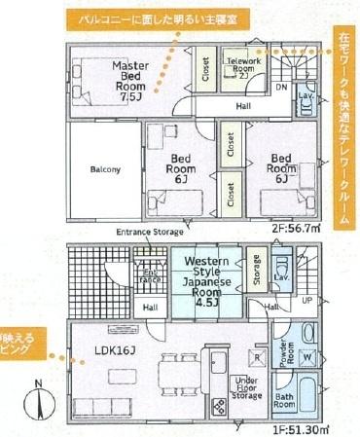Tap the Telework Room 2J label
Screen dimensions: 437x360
242,66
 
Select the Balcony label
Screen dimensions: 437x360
105,169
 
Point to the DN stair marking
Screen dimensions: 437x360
281,87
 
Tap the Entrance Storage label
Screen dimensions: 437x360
150,233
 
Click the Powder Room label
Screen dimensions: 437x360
278,353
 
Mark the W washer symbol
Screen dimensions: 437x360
306,355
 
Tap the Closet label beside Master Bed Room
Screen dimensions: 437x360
205,70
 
